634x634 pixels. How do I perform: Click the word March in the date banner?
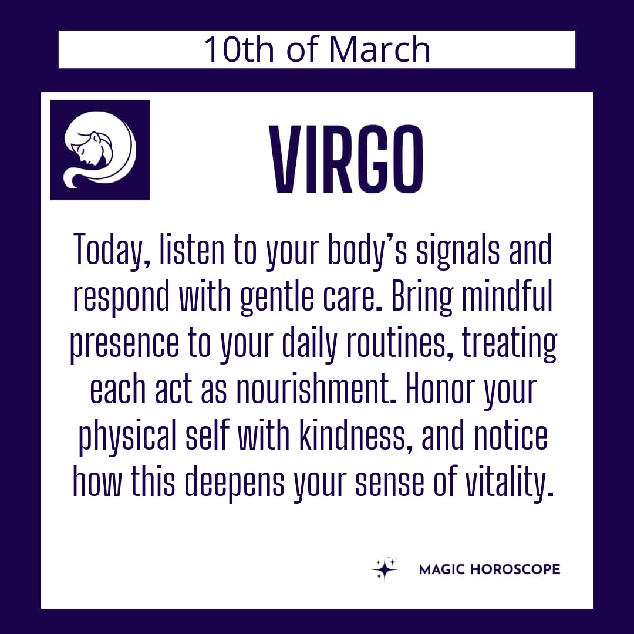pyautogui.click(x=379, y=49)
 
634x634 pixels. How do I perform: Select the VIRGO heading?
pyautogui.click(x=347, y=159)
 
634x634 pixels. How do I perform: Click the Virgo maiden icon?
pyautogui.click(x=100, y=150)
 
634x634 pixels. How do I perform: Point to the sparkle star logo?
pyautogui.click(x=385, y=569)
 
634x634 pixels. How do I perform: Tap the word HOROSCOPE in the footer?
pyautogui.click(x=515, y=569)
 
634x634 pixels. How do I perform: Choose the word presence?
pyautogui.click(x=124, y=343)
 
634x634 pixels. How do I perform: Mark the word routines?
pyautogui.click(x=399, y=343)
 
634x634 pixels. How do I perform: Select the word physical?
pyautogui.click(x=127, y=437)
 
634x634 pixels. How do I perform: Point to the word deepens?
pyautogui.click(x=234, y=484)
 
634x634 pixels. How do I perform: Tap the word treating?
pyautogui.click(x=510, y=343)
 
